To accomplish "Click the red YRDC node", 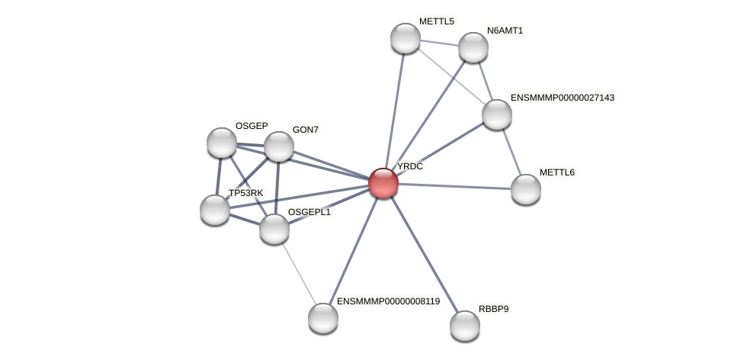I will coord(383,183).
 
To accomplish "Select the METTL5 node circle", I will coord(406,38).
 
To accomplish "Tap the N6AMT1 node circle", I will coord(473,47).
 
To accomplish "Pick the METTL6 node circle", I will coord(526,189).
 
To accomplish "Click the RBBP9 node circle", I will coord(465,326).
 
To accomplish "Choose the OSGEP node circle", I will coord(222,143).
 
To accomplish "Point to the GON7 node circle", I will coord(279,146).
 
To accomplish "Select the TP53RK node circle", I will coord(215,210).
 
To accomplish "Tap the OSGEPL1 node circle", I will coord(274,229).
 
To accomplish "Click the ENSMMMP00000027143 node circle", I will coord(497,114).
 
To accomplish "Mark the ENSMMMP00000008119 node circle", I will coord(323,318).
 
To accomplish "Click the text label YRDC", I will coord(410,166).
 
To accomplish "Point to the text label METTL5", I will coord(437,21).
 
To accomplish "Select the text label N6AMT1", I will coord(505,31).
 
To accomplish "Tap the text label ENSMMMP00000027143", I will coord(563,98).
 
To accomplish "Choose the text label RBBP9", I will coord(494,309).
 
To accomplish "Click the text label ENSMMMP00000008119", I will coord(389,301).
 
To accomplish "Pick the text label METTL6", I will coord(557,172).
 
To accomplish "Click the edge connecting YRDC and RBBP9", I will coord(424,254).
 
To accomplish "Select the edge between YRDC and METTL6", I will coord(454,186).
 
